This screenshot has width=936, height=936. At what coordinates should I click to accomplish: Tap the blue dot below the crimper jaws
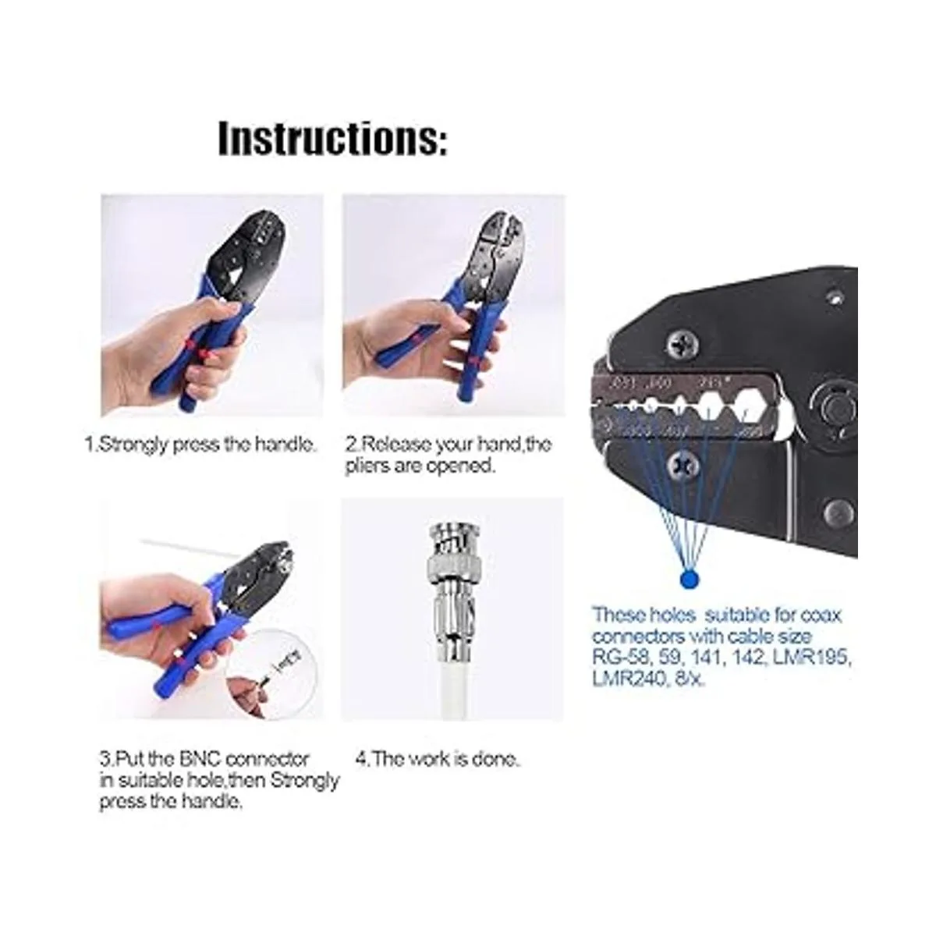click(x=688, y=580)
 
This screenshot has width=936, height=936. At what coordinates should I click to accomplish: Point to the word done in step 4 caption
click(x=495, y=759)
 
